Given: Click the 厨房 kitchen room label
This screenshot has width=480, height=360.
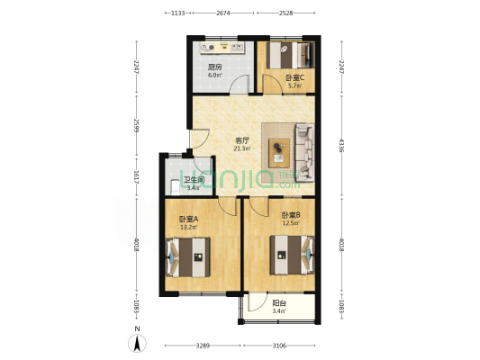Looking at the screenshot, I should (x=215, y=67).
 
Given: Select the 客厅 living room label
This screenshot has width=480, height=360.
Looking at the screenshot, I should (x=242, y=140).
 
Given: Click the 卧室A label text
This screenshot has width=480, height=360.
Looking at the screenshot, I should (x=188, y=219).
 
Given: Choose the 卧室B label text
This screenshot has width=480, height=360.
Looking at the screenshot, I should (x=290, y=215).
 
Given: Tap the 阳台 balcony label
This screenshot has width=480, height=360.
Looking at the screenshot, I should (x=280, y=304).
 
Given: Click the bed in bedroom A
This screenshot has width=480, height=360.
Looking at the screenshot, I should (x=188, y=256).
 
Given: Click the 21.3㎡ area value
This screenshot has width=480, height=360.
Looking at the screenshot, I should (x=242, y=150).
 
